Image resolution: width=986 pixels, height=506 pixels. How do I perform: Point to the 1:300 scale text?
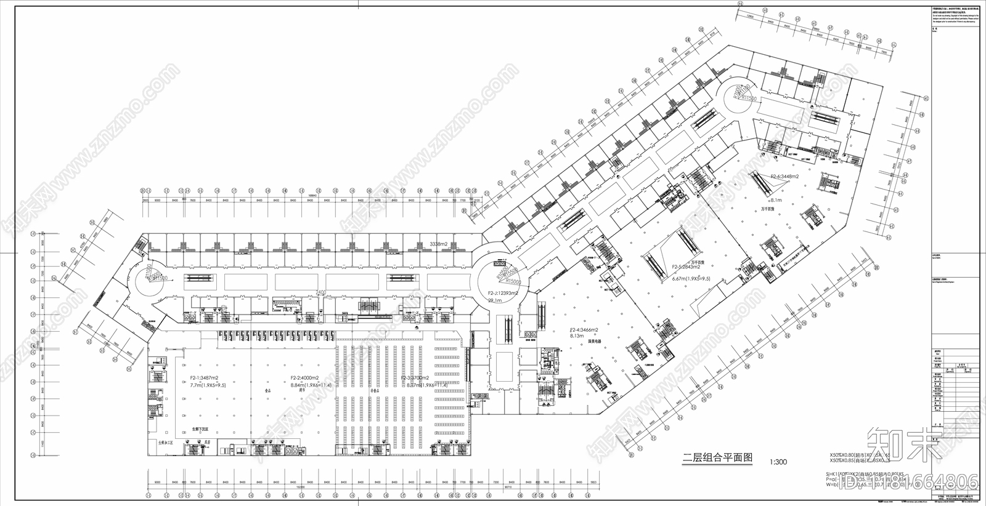coord(778,462)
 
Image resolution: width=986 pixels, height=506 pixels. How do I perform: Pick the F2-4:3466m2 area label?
coord(584,331)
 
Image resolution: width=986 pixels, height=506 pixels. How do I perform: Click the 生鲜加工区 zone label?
coord(166,443)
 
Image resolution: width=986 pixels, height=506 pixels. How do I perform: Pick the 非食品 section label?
coord(373,390)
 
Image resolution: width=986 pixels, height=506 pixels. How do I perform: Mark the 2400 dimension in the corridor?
coord(320,292)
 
